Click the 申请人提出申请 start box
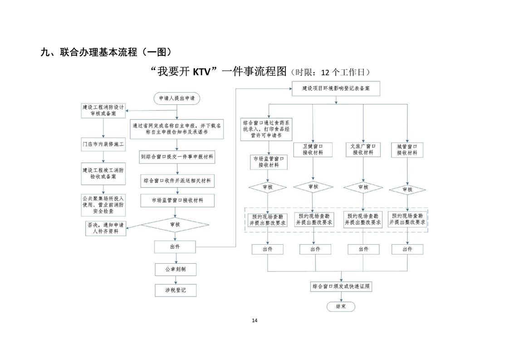coord(176,98)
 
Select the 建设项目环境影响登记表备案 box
coord(336,89)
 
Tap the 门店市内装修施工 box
coord(103,144)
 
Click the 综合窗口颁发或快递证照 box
coord(341,287)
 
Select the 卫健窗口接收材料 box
coord(313,150)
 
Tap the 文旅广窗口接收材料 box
coord(363,150)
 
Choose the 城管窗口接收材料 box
coord(407,150)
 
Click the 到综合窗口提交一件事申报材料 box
coord(177,157)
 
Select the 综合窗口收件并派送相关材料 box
coord(177,180)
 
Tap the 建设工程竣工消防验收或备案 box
coord(103,173)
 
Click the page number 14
coord(254,321)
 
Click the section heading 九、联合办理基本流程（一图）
coord(106,52)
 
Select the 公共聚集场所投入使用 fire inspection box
coord(103,205)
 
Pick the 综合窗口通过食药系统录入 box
coord(268,129)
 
